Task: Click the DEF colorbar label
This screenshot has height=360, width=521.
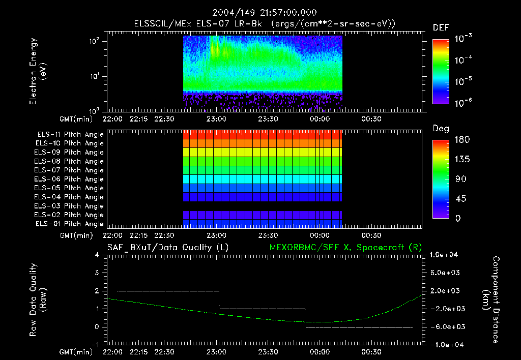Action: point(441,27)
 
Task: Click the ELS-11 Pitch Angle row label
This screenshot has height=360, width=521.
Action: point(70,134)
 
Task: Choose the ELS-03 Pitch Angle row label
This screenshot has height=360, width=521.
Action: point(70,206)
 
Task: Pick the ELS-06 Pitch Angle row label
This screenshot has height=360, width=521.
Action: point(70,179)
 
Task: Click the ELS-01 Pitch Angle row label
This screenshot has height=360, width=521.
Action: point(70,224)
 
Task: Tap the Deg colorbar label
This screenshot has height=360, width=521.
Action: point(441,129)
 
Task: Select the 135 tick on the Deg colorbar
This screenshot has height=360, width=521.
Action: point(460,159)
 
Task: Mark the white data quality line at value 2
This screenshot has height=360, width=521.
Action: point(168,291)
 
